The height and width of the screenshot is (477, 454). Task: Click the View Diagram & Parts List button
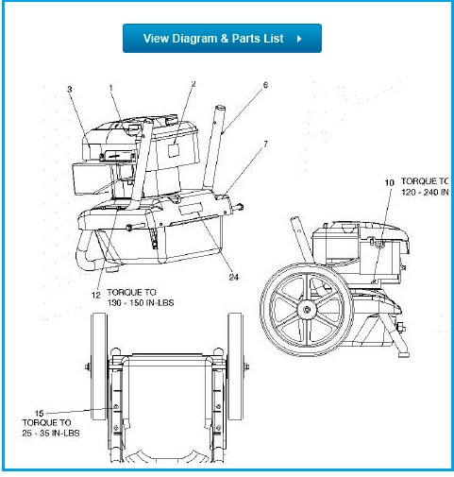[222, 39]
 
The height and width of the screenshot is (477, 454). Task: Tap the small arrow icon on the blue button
[299, 40]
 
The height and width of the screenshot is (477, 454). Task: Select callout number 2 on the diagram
[193, 85]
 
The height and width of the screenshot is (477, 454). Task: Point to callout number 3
[69, 90]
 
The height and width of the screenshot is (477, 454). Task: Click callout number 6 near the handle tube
[265, 85]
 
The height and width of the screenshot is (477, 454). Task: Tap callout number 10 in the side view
[388, 181]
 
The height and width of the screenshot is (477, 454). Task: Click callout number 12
[95, 295]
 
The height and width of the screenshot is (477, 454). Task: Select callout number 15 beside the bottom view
[39, 413]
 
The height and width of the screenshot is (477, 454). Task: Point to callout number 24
[232, 277]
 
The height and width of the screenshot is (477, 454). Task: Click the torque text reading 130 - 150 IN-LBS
[141, 303]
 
